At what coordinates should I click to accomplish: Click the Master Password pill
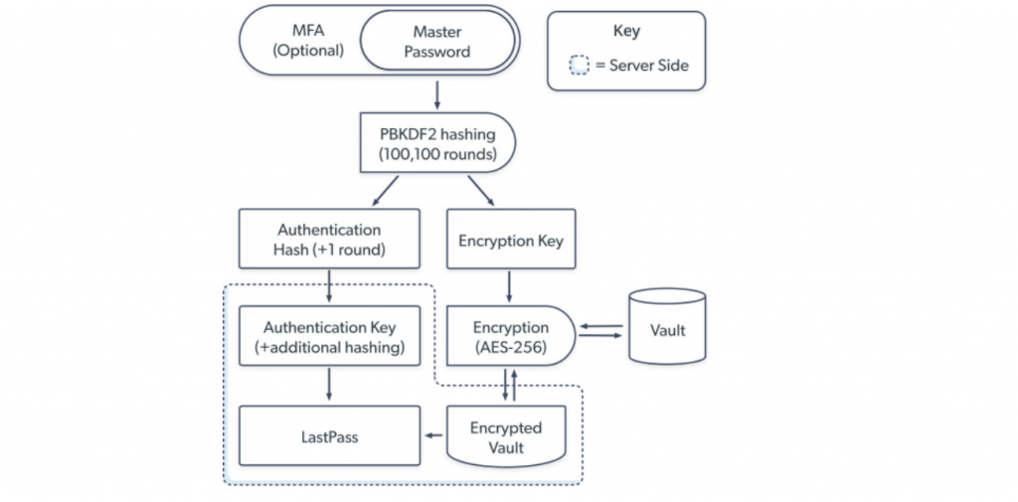click(x=437, y=42)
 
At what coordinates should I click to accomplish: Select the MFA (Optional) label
click(x=308, y=42)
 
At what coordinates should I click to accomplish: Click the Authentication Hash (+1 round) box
click(x=329, y=240)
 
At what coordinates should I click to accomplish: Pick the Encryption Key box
click(x=510, y=240)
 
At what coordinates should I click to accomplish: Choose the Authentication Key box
click(x=329, y=337)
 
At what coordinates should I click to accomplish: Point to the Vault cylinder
click(x=667, y=329)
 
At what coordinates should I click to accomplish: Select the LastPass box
click(x=329, y=435)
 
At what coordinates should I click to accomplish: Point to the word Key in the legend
click(x=626, y=31)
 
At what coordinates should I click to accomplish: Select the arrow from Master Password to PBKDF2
click(x=438, y=95)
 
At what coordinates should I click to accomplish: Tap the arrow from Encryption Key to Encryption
click(x=510, y=285)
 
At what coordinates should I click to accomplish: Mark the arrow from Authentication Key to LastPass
click(x=329, y=385)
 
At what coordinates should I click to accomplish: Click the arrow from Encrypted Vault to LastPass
click(x=434, y=435)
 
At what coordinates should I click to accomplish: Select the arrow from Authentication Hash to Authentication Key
click(x=329, y=285)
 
